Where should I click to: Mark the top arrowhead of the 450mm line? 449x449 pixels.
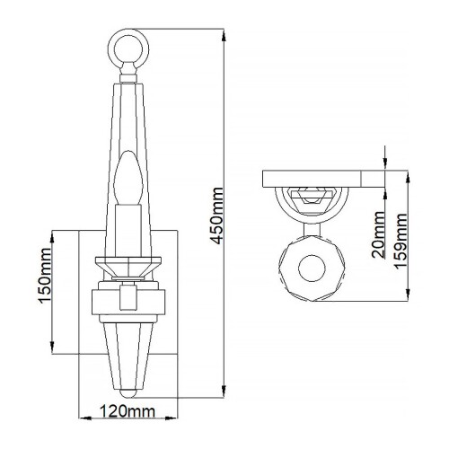[220, 33]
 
